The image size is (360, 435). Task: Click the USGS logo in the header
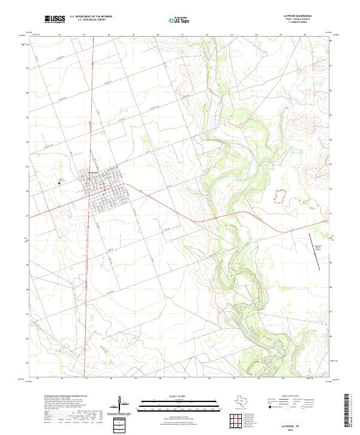click(55, 19)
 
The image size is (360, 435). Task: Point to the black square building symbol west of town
click(59, 182)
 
